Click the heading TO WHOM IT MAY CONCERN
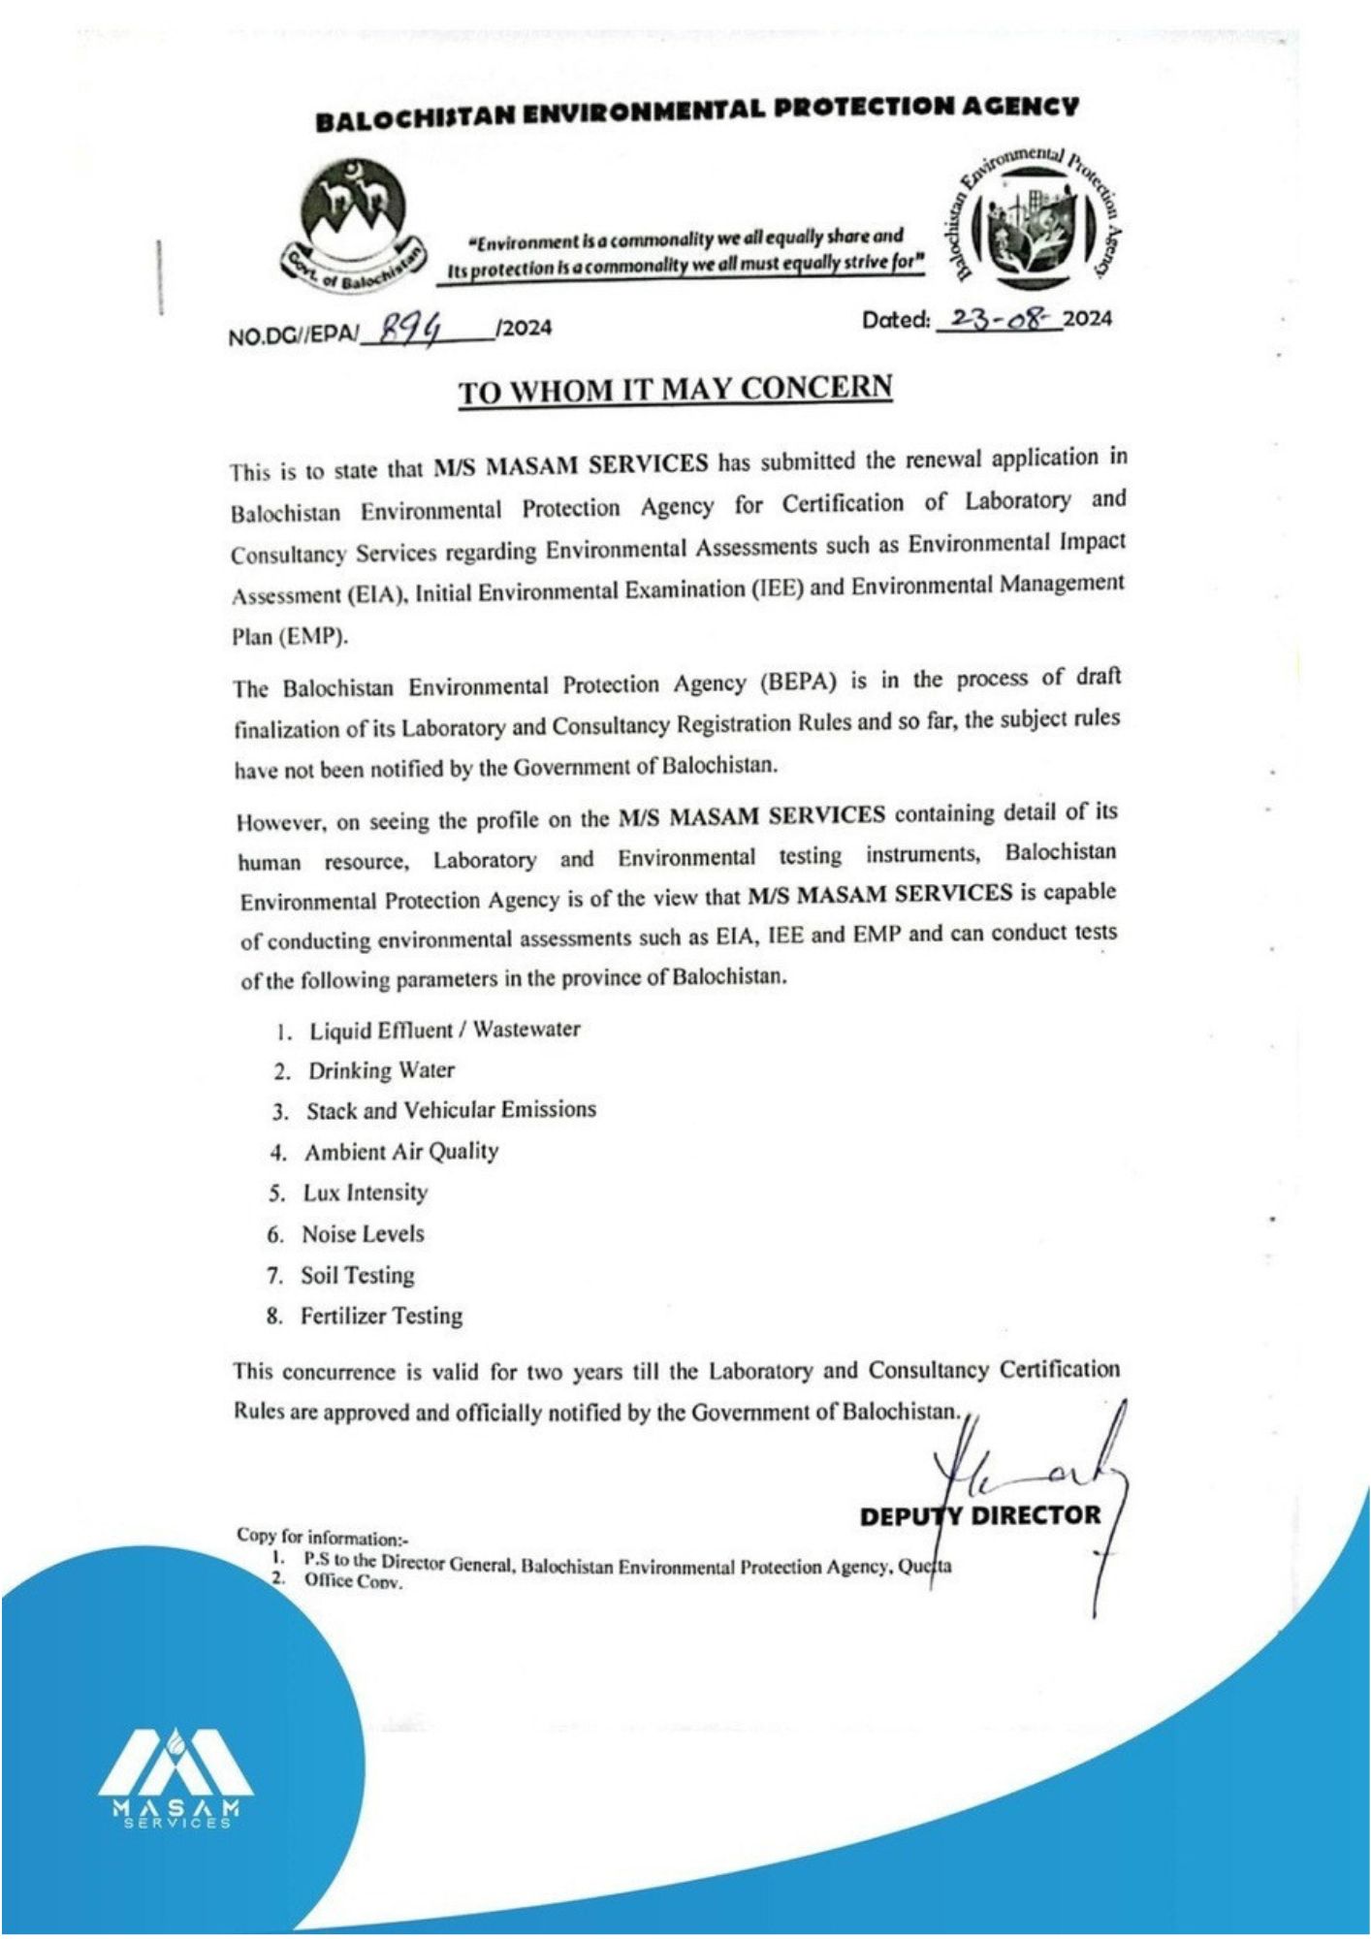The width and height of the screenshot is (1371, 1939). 675,390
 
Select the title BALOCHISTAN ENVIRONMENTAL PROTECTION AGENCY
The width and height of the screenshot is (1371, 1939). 696,112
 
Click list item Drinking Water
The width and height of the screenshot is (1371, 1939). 381,1070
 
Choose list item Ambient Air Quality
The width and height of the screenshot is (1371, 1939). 401,1152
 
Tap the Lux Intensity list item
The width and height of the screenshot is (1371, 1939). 365,1192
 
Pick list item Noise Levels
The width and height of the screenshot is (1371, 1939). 363,1234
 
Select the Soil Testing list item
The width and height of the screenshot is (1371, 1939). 357,1275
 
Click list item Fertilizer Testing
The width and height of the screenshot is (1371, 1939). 381,1317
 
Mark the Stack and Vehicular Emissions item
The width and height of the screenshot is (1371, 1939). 451,1110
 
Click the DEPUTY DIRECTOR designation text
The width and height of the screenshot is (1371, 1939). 979,1515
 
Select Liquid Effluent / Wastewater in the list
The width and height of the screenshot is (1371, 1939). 444,1030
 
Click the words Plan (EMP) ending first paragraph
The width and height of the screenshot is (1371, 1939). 289,637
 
